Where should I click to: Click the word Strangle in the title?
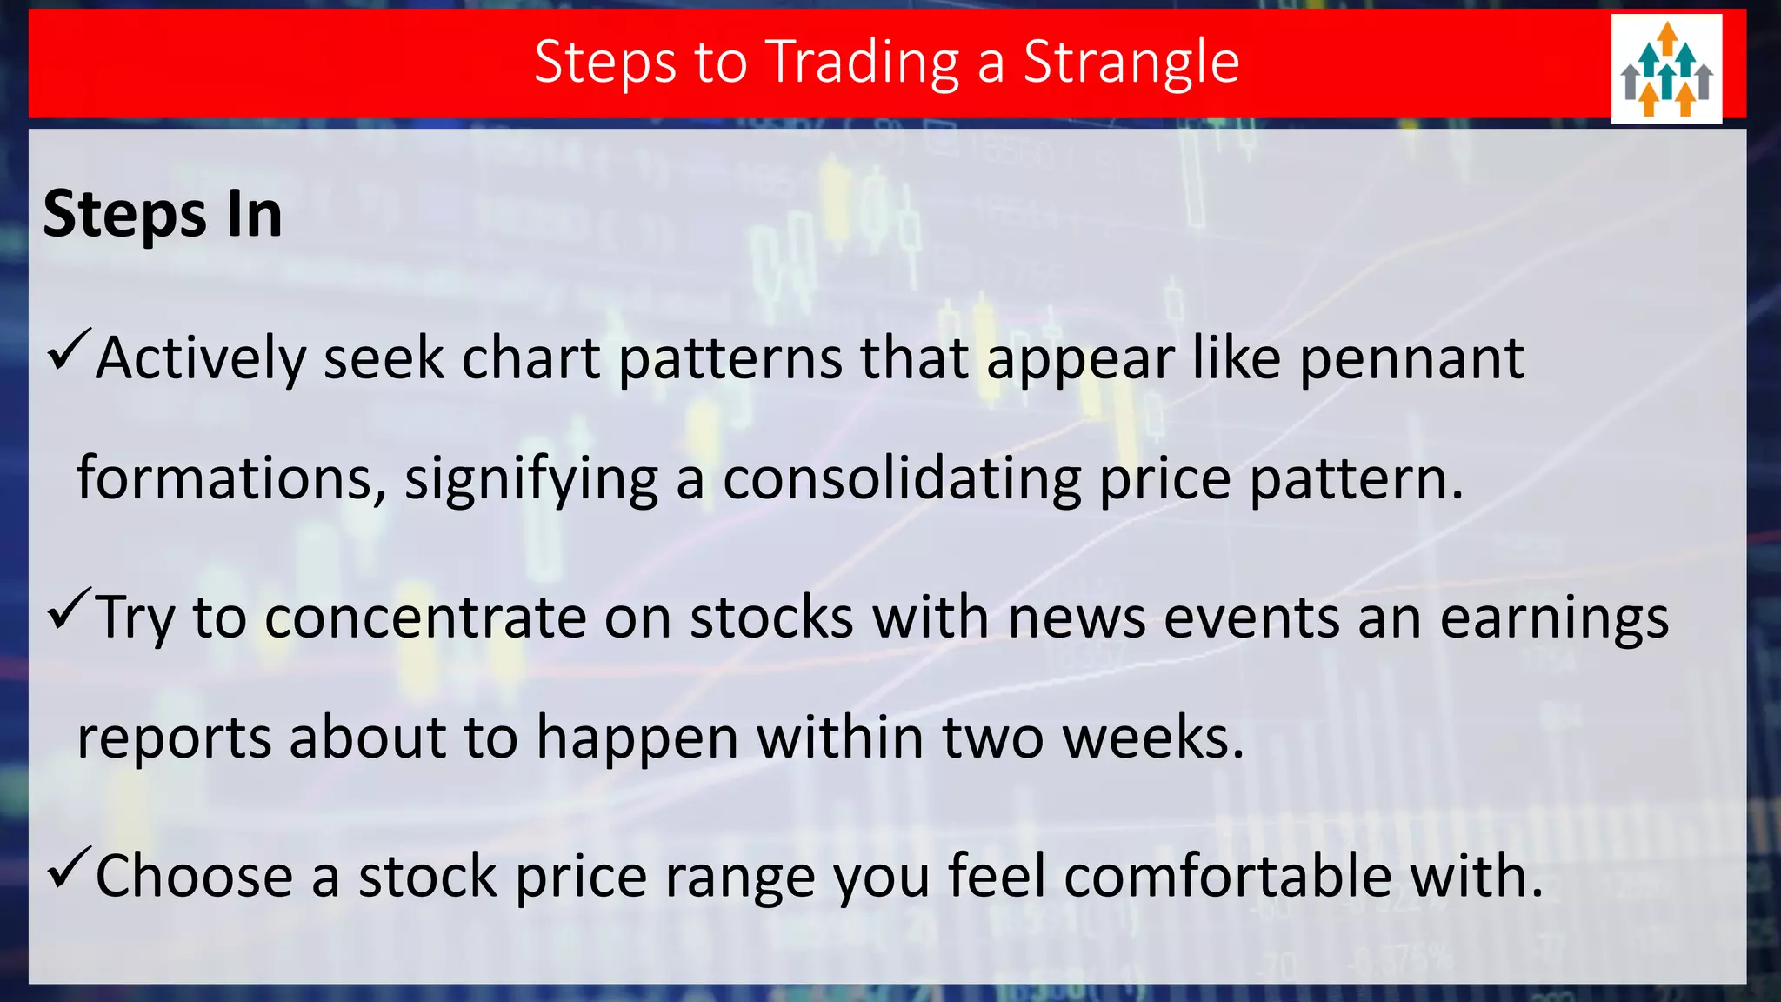point(1131,63)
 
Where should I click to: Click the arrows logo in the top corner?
point(1666,69)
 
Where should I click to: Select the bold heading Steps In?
point(163,215)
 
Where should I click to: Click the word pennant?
point(1411,358)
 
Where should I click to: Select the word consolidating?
point(902,478)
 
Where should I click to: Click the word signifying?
point(531,480)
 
